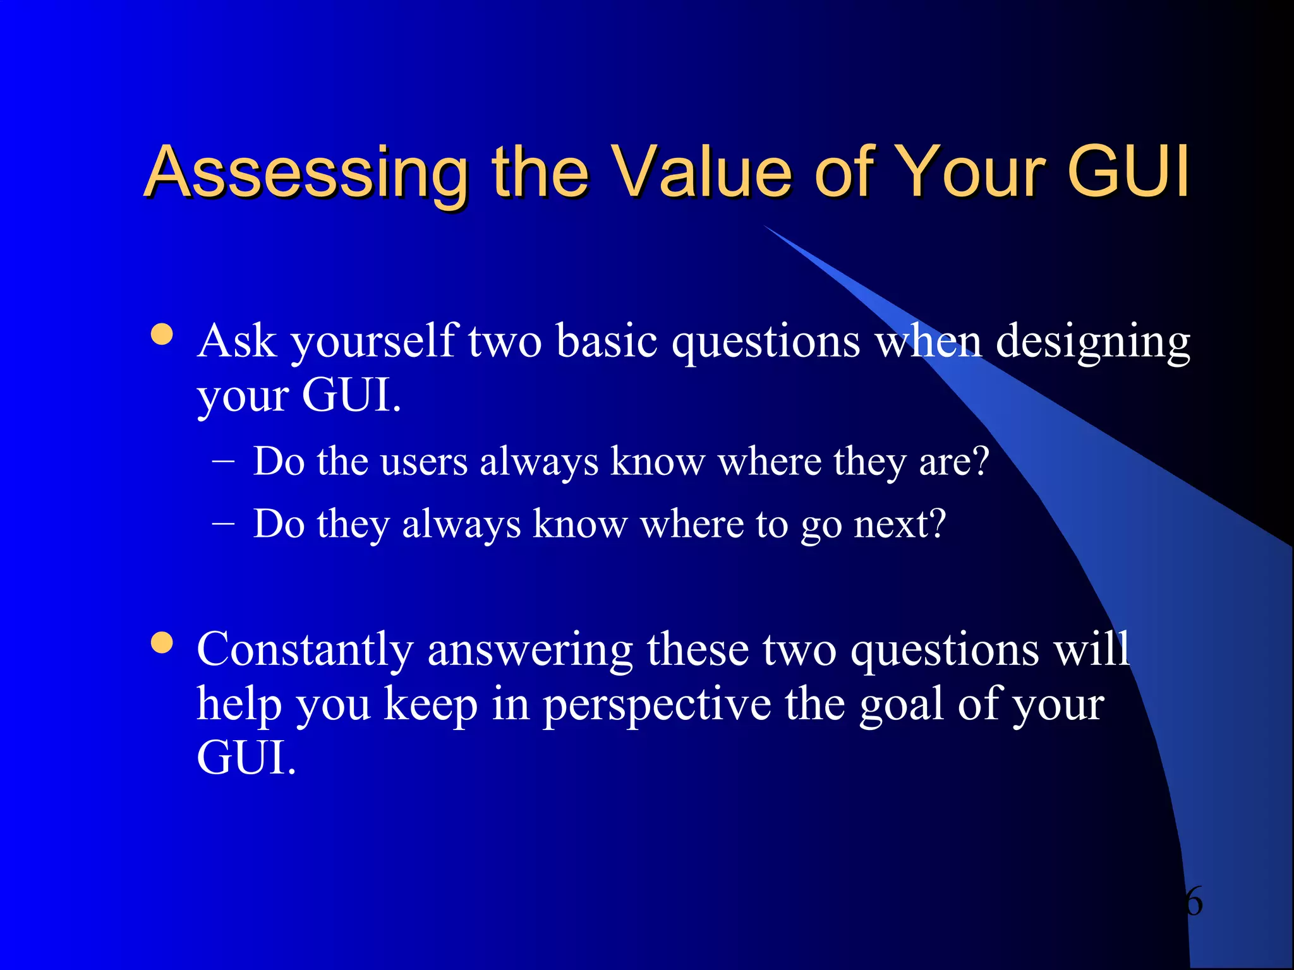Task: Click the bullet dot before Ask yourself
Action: pyautogui.click(x=162, y=334)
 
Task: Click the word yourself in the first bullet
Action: pyautogui.click(x=373, y=342)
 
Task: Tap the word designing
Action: pyautogui.click(x=1092, y=342)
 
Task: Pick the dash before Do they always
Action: pyautogui.click(x=223, y=524)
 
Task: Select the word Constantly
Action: pyautogui.click(x=305, y=650)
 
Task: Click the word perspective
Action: pyautogui.click(x=656, y=706)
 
